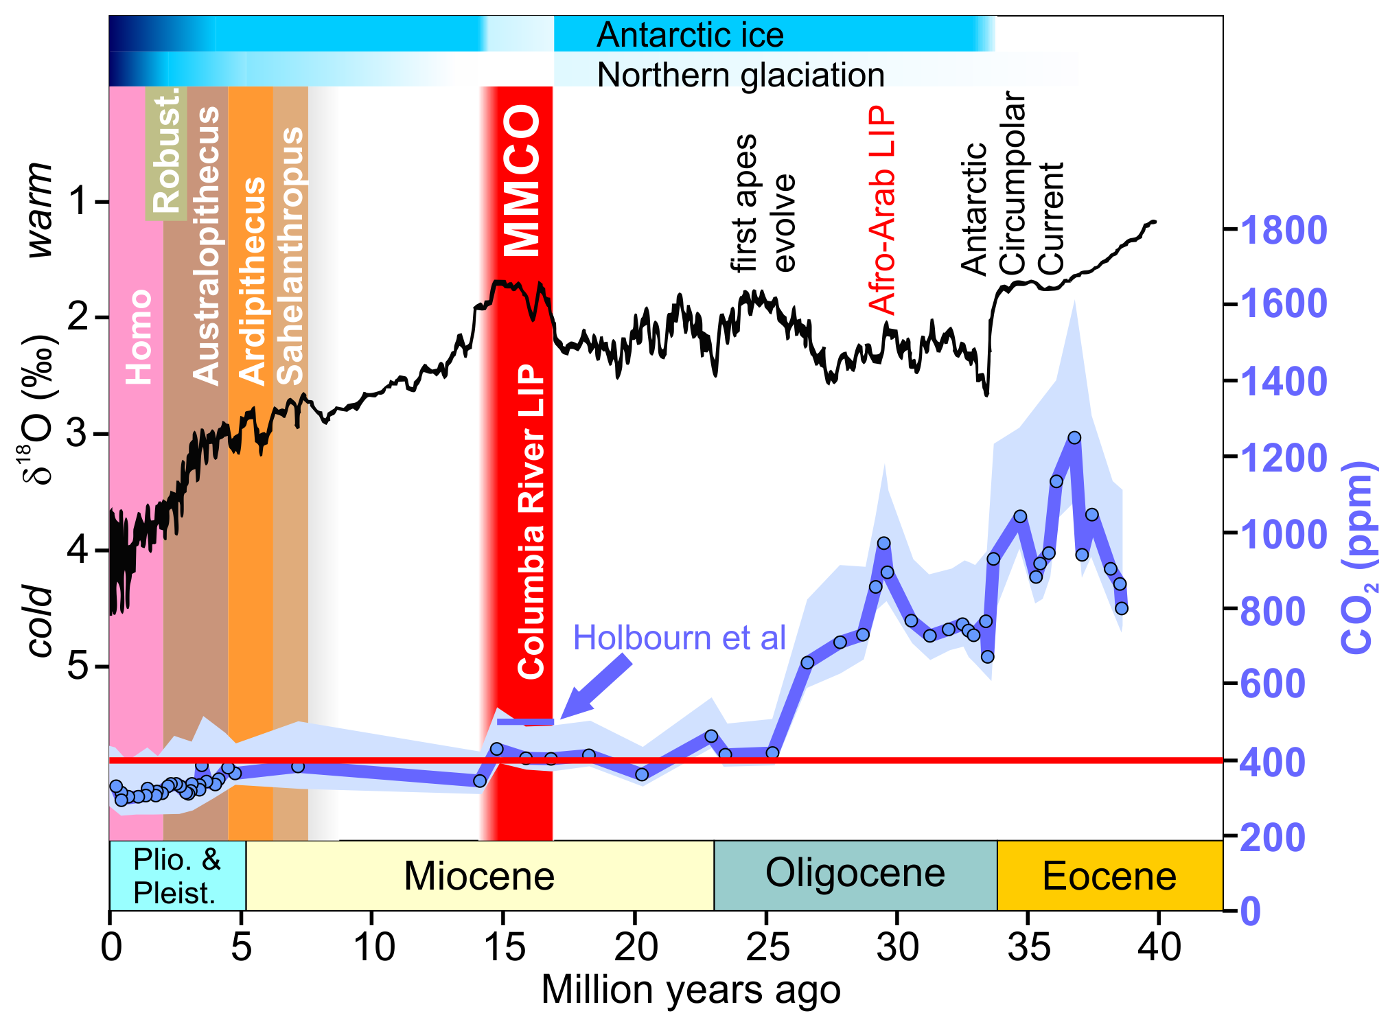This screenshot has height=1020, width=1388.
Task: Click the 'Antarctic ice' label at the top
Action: [689, 35]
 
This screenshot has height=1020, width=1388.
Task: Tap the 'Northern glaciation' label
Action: [740, 75]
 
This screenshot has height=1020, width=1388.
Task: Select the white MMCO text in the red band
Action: [522, 181]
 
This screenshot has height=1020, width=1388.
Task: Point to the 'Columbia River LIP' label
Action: [531, 522]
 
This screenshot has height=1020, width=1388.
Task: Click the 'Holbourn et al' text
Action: [679, 638]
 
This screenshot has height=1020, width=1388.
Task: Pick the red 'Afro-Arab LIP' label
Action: [882, 210]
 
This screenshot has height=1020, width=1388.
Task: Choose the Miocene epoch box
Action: [479, 876]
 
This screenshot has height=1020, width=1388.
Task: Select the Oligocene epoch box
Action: [855, 874]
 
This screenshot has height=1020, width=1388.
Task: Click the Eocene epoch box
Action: [1109, 876]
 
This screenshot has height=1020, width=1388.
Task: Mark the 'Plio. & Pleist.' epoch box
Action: [177, 876]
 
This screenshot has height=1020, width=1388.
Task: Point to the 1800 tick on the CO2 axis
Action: [1283, 230]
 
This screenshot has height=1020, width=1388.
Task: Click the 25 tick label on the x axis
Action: [767, 947]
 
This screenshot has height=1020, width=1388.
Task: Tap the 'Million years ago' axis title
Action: [691, 990]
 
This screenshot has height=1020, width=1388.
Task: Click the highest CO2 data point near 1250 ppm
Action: [1074, 438]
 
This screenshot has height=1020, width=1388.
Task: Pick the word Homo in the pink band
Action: [139, 336]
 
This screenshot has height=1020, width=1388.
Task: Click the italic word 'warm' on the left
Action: [41, 210]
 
